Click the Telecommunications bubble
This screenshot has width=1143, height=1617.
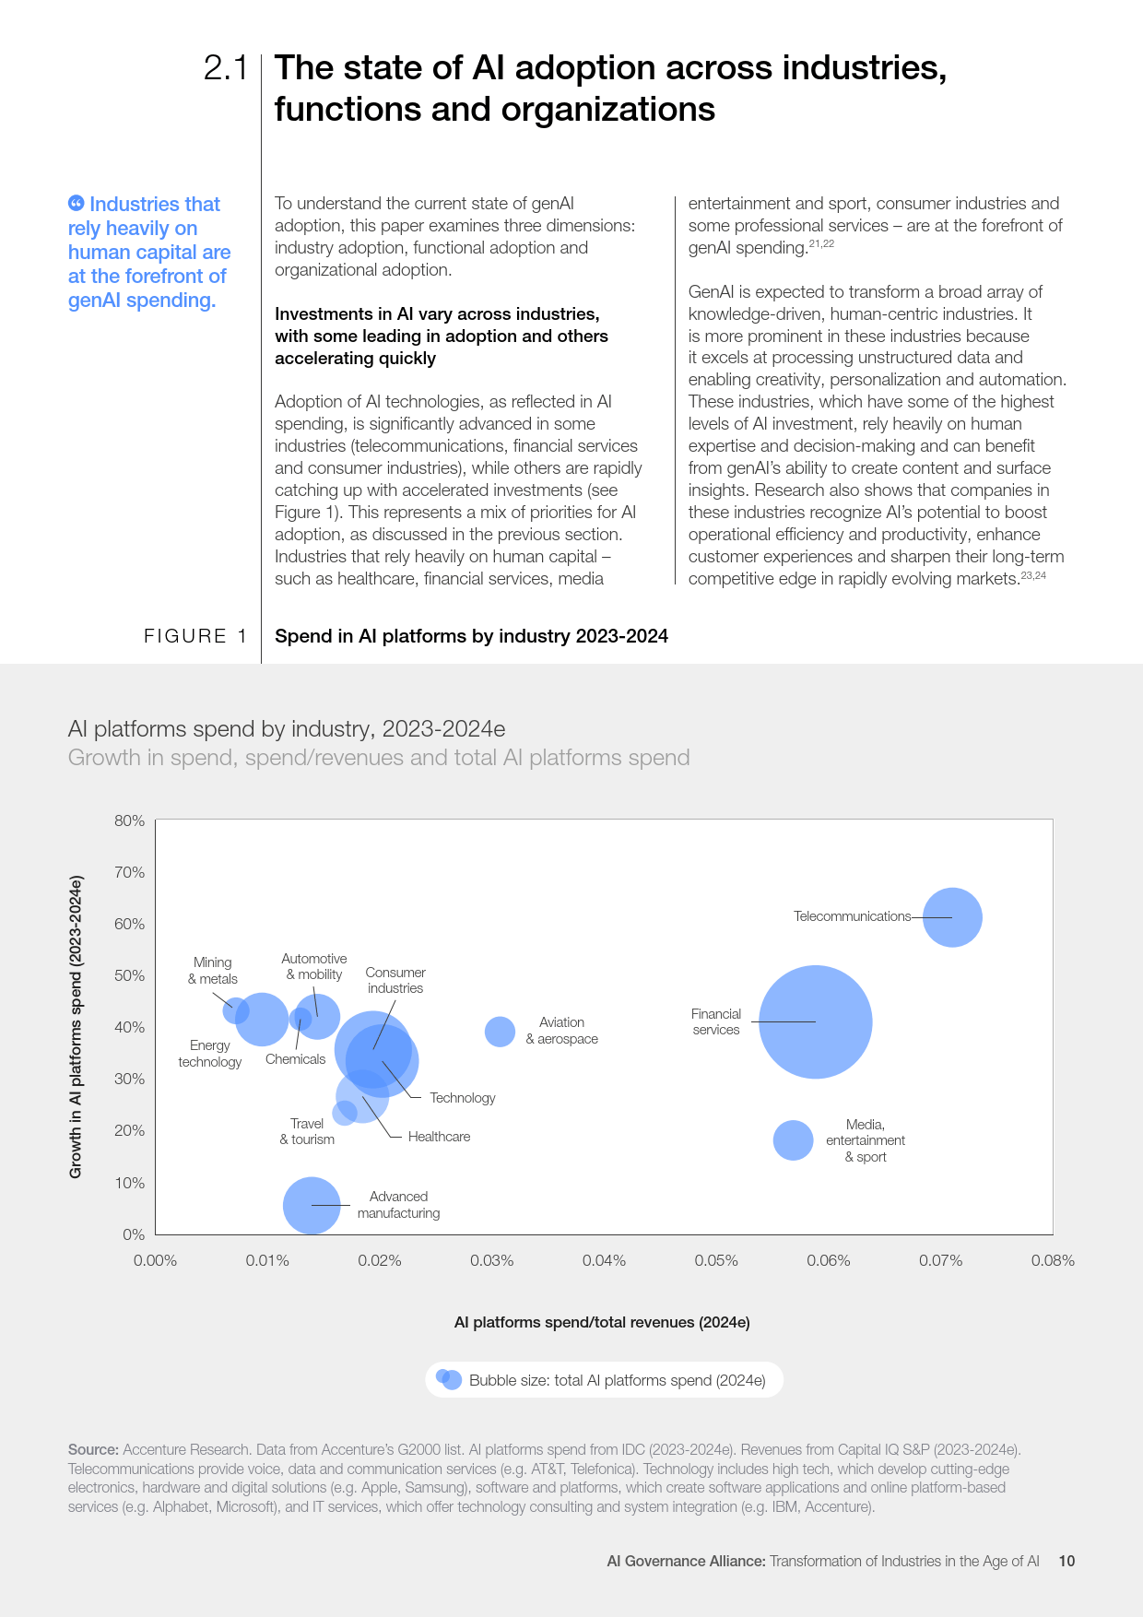tap(952, 917)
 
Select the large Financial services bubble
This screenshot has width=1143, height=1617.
tap(815, 1021)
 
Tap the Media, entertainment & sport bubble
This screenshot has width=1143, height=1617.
tap(793, 1140)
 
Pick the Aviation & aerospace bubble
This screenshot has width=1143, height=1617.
tap(500, 1032)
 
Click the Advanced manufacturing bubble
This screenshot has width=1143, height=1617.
tap(312, 1205)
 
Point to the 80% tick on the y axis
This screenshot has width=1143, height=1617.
tap(130, 820)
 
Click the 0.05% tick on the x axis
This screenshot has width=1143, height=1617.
tap(716, 1260)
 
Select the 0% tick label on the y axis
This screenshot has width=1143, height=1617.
tap(134, 1234)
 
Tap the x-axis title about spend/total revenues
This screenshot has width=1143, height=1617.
tap(602, 1322)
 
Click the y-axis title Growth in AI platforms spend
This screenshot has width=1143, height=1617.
tap(76, 1026)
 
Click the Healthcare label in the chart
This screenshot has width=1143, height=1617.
tap(439, 1137)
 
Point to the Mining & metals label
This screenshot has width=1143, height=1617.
tap(213, 971)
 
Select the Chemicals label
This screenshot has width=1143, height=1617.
tap(295, 1059)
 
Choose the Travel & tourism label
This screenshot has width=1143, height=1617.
tap(307, 1131)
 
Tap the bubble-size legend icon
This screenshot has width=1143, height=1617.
tap(449, 1379)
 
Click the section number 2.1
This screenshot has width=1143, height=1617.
tap(226, 68)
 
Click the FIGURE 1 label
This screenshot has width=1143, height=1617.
tap(195, 636)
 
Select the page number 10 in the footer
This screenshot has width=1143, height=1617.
tap(1066, 1561)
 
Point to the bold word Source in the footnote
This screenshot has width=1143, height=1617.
tap(93, 1449)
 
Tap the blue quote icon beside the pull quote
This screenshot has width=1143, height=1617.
tap(77, 203)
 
